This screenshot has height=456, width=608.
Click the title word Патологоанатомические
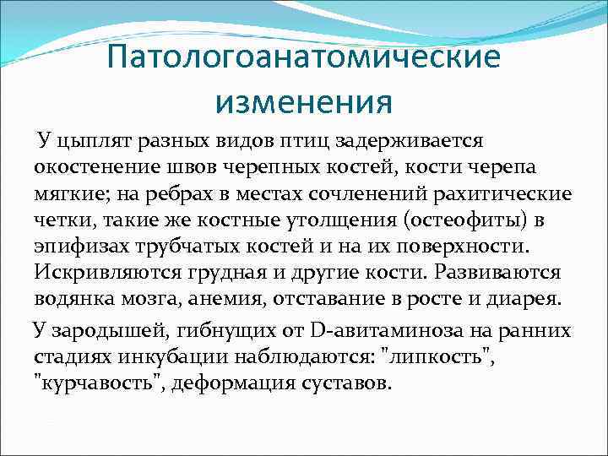point(304,59)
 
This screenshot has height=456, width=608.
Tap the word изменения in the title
point(304,101)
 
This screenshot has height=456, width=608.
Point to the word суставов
point(346,383)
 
